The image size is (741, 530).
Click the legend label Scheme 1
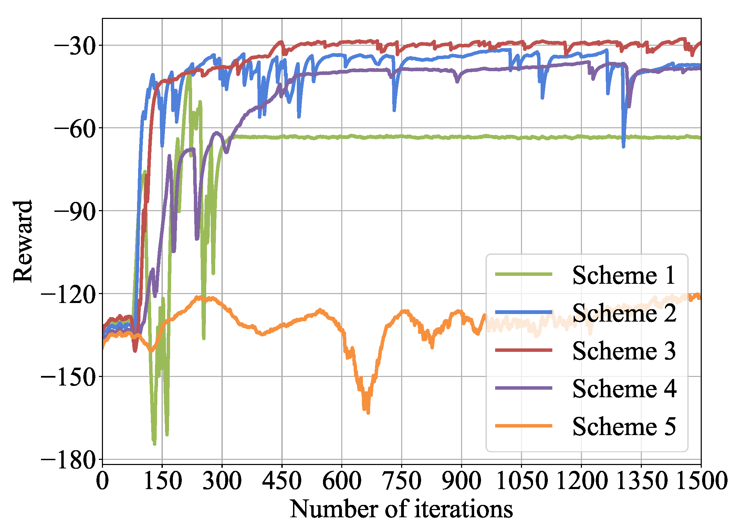(624, 275)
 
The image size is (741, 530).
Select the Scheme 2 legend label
(624, 313)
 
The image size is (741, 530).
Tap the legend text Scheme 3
(624, 351)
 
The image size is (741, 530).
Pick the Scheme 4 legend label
(624, 389)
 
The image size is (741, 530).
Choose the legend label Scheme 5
(624, 427)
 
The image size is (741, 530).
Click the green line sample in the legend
(523, 274)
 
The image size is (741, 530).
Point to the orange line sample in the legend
(523, 426)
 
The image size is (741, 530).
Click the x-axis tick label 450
(282, 480)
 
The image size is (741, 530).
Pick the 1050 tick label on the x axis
(521, 480)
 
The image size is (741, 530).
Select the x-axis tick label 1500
(701, 480)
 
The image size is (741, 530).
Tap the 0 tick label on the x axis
(102, 480)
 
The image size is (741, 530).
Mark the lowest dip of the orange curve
(368, 412)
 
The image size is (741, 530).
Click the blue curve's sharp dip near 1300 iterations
(623, 146)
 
